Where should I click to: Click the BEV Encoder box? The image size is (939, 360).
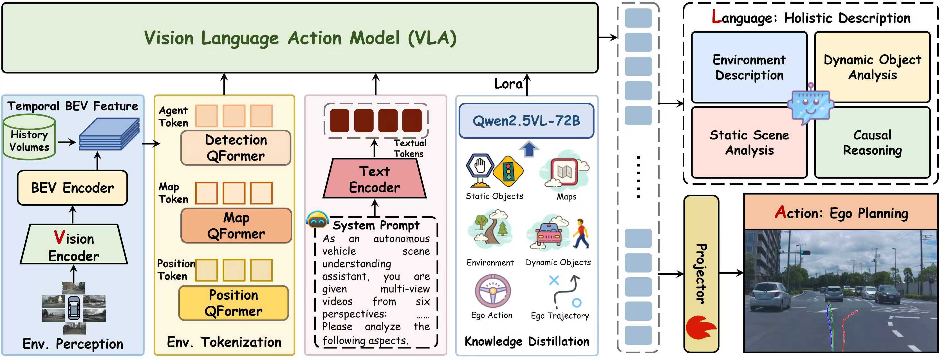pyautogui.click(x=72, y=188)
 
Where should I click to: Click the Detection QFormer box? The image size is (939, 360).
pyautogui.click(x=236, y=148)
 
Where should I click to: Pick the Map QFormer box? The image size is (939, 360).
pyautogui.click(x=236, y=226)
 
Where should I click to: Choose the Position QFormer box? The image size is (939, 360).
pyautogui.click(x=234, y=303)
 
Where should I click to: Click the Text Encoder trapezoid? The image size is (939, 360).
pyautogui.click(x=374, y=179)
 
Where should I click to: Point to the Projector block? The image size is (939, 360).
pyautogui.click(x=701, y=273)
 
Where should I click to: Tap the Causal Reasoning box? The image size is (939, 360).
pyautogui.click(x=872, y=143)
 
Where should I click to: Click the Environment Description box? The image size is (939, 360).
pyautogui.click(x=749, y=67)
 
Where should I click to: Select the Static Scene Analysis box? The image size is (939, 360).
pyautogui.click(x=749, y=143)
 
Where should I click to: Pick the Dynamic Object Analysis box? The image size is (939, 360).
pyautogui.click(x=872, y=67)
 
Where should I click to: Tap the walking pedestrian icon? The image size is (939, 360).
pyautogui.click(x=580, y=233)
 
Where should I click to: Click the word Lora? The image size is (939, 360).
pyautogui.click(x=508, y=84)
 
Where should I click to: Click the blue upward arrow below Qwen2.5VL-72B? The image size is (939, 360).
pyautogui.click(x=529, y=149)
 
